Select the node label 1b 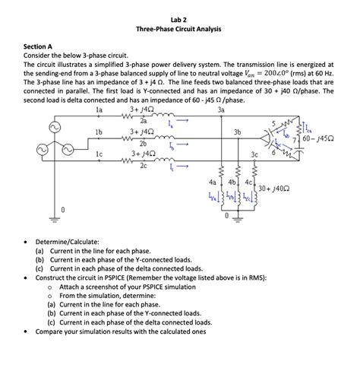98,132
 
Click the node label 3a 220,109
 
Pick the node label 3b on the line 238,132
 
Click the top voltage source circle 55,126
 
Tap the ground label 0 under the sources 63,210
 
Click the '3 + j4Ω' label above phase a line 144,109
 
